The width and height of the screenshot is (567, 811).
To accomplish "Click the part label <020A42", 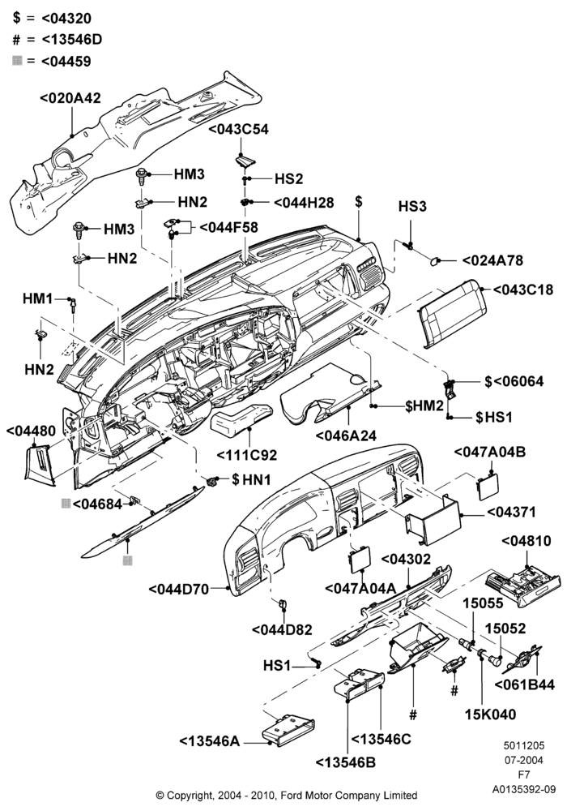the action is click(x=70, y=98).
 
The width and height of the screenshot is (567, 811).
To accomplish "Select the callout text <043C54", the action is click(x=239, y=129).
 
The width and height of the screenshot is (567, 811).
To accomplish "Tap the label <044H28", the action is click(x=304, y=202).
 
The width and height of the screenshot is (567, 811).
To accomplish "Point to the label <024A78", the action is click(x=492, y=260).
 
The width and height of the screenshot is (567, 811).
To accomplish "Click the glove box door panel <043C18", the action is click(x=452, y=313).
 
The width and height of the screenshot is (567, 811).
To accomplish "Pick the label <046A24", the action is click(x=346, y=435).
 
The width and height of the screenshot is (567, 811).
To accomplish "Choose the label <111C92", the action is click(x=247, y=455).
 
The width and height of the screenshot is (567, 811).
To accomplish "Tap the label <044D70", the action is click(x=179, y=589).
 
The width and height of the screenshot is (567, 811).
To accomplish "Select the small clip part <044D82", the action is click(x=283, y=604).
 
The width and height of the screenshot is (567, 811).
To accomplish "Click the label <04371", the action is click(x=512, y=512).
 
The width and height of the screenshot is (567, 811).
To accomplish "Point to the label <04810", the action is click(x=526, y=541).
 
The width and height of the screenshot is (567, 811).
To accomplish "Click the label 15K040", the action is click(x=490, y=714).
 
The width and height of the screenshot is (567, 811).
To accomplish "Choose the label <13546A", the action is click(x=210, y=741).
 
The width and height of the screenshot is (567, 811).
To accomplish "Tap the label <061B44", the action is click(x=525, y=684).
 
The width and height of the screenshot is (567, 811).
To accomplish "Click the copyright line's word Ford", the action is click(x=292, y=795).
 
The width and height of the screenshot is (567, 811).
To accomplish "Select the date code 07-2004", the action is click(x=524, y=761).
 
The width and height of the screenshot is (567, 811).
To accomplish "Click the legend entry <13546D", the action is click(x=71, y=39).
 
